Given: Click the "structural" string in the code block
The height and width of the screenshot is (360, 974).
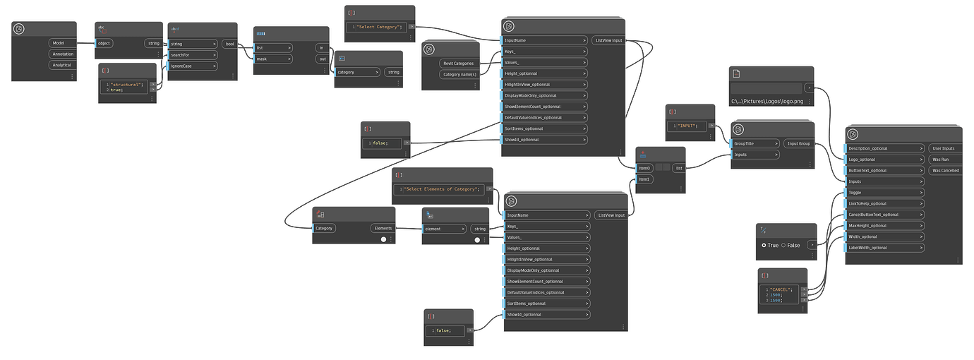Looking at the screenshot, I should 127,84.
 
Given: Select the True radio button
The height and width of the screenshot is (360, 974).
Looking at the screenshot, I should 764,245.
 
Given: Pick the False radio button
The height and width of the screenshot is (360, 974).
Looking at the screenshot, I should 783,245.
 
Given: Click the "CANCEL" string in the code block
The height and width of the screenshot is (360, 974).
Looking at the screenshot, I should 781,289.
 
